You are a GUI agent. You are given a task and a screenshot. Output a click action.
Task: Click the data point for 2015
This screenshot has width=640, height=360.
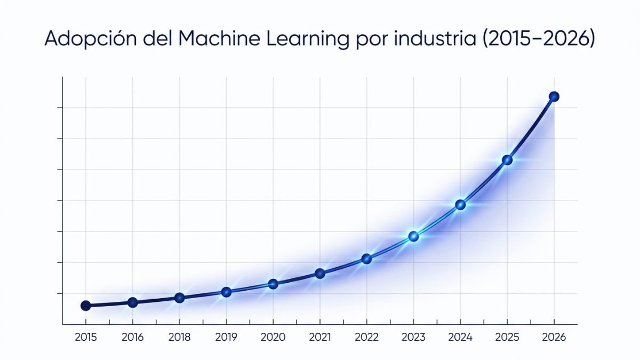[x=85, y=306]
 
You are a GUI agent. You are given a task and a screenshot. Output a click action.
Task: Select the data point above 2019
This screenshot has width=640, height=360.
[x=226, y=292]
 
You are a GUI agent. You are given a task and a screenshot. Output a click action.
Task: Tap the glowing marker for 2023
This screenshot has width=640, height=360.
[x=413, y=236]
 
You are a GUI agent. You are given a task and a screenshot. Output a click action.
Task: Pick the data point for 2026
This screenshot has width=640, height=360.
[x=554, y=97]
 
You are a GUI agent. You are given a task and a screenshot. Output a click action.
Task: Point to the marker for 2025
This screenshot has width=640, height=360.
[x=507, y=160]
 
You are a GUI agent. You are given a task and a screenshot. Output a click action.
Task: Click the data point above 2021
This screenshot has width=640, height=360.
[x=320, y=274]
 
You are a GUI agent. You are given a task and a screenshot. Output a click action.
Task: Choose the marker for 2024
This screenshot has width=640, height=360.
[x=460, y=205]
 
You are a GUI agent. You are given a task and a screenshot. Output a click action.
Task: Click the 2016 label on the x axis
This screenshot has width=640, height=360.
[x=133, y=337]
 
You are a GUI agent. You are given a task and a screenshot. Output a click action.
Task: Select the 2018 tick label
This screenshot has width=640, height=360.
[x=180, y=337]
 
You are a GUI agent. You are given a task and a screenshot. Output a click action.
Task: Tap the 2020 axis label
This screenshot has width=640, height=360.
[x=273, y=337]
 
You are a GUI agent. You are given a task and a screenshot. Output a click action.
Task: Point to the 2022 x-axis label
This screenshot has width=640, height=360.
[x=366, y=337]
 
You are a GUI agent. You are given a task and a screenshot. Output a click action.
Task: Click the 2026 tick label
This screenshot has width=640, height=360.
[x=554, y=337]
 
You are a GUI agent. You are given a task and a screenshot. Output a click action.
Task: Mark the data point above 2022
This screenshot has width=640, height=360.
[x=366, y=259]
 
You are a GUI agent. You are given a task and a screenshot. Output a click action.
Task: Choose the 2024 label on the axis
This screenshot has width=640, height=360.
[x=460, y=337]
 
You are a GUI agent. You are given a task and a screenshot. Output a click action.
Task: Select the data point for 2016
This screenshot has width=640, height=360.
[x=133, y=302]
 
